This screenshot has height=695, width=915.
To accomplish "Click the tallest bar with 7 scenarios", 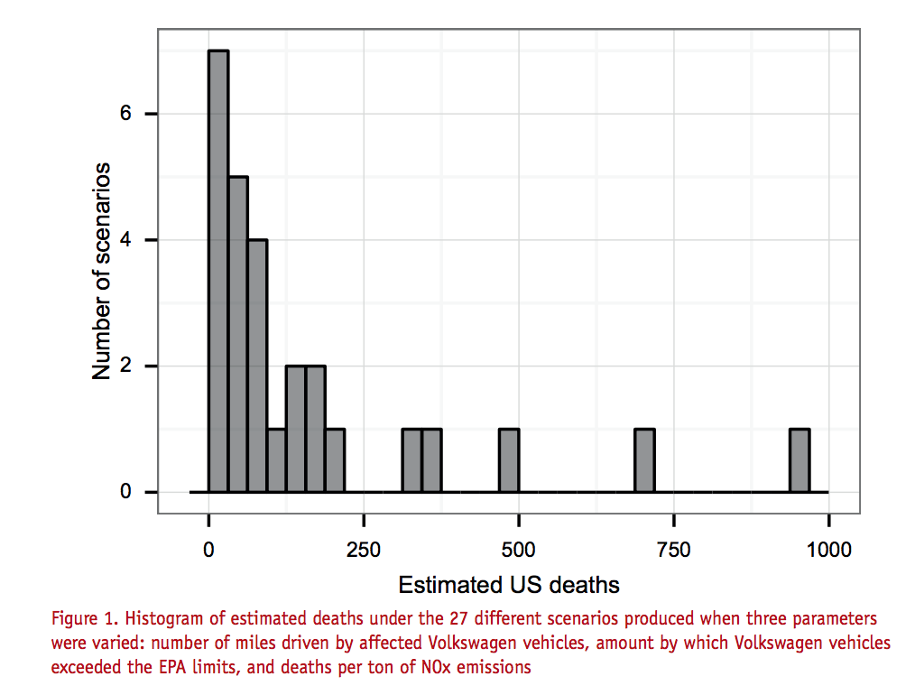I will pyautogui.click(x=218, y=271).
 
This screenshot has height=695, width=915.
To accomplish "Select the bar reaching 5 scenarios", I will pyautogui.click(x=238, y=334).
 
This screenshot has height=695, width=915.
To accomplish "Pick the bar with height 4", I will pyautogui.click(x=257, y=366).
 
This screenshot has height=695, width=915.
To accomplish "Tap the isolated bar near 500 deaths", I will pyautogui.click(x=509, y=460).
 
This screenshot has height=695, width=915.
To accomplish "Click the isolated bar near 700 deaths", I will pyautogui.click(x=644, y=460).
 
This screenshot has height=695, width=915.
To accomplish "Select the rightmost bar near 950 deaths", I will pyautogui.click(x=799, y=460).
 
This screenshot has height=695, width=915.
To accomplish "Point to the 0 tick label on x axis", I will pyautogui.click(x=208, y=550).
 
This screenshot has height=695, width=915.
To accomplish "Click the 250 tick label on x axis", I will pyautogui.click(x=364, y=550).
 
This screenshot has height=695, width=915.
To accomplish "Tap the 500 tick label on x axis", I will pyautogui.click(x=518, y=550).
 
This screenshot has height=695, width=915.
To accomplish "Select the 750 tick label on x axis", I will pyautogui.click(x=673, y=550).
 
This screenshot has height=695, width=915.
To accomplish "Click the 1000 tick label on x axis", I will pyautogui.click(x=827, y=550).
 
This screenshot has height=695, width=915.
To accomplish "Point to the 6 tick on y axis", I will pyautogui.click(x=125, y=114).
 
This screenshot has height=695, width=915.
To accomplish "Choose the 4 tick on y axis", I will pyautogui.click(x=125, y=240).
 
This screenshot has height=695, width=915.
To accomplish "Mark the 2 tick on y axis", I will pyautogui.click(x=125, y=366).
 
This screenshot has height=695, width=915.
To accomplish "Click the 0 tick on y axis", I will pyautogui.click(x=125, y=493).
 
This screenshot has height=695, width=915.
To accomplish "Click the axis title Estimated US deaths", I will pyautogui.click(x=509, y=585).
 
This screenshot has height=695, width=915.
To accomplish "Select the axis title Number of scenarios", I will pyautogui.click(x=102, y=271).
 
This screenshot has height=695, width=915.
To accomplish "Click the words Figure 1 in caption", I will pyautogui.click(x=84, y=619).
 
